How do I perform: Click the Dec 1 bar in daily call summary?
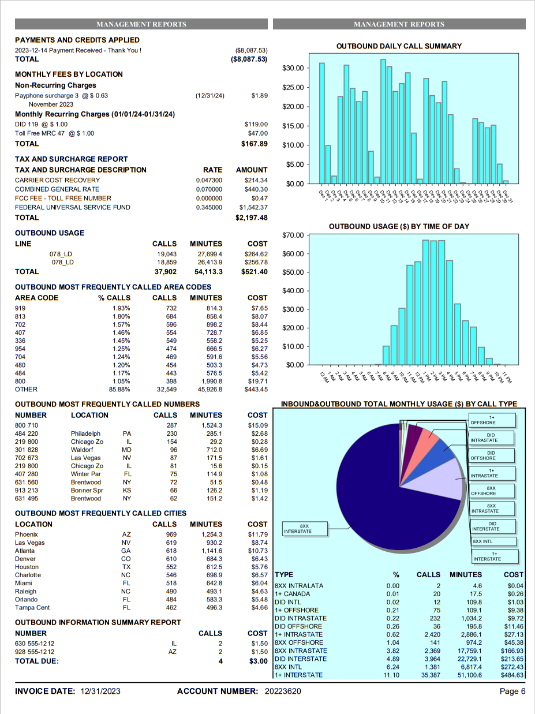tap(321, 123)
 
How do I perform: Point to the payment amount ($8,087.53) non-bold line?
tap(251, 50)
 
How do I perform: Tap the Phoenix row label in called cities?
tap(27, 534)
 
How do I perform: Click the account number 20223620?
tap(283, 691)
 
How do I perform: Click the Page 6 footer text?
tap(512, 691)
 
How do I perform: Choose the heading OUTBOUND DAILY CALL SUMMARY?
tap(399, 46)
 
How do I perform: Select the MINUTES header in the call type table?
tap(465, 575)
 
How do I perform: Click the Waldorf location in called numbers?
tap(83, 450)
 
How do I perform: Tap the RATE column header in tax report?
tap(212, 170)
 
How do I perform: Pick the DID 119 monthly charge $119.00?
tap(256, 124)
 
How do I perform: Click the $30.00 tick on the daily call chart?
tap(293, 68)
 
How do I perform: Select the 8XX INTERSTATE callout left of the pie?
tap(305, 528)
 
